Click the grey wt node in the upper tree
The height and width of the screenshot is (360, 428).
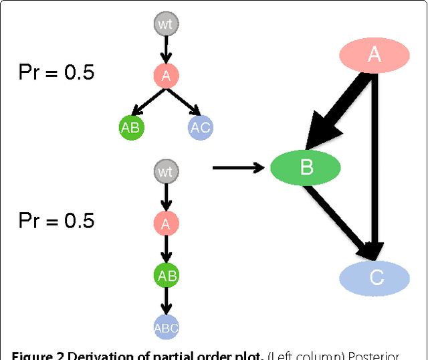point(166,25)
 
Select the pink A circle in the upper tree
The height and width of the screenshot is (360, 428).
point(166,76)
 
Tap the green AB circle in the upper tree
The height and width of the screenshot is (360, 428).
point(131,127)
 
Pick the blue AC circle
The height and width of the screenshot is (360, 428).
point(201,127)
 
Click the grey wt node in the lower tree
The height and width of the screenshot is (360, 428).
point(166,172)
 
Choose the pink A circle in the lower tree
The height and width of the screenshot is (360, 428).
point(166,224)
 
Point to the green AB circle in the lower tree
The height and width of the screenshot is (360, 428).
point(166,275)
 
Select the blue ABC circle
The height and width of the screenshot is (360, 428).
point(166,327)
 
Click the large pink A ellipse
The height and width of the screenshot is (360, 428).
point(374,55)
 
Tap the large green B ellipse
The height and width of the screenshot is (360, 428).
point(306,167)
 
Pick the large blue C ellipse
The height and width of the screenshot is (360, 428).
point(374,276)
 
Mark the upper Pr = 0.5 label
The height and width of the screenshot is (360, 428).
point(56,73)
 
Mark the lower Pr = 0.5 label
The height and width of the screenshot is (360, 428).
point(56,220)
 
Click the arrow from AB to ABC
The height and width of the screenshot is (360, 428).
point(166,301)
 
